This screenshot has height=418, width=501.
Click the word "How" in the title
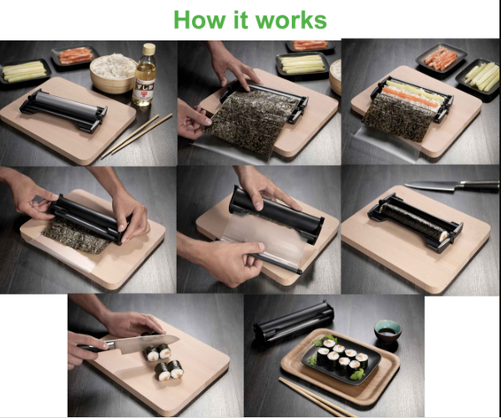pos(204,19)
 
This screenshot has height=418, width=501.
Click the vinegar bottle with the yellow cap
pos(144,77)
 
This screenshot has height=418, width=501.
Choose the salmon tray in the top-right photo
pos(441,59)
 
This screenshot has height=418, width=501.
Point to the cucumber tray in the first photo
pos(23,72)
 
